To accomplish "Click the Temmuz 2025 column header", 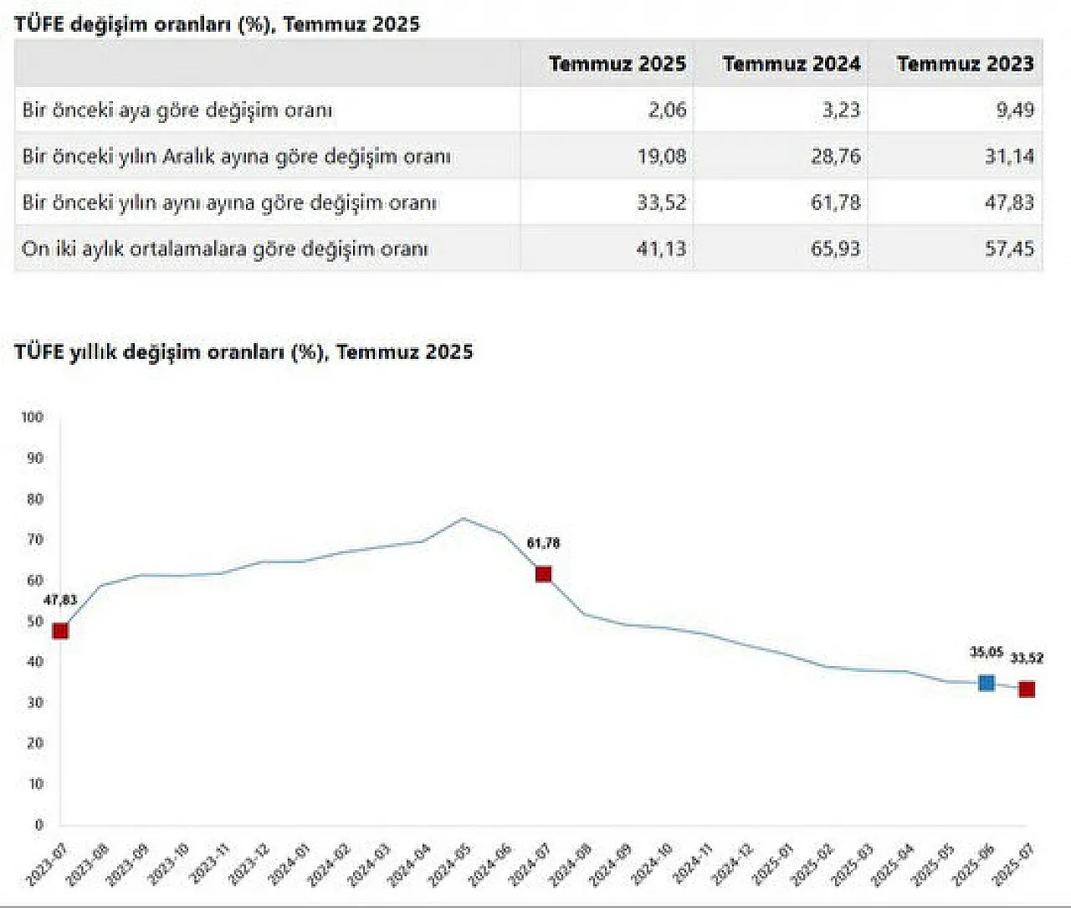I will point(617,64).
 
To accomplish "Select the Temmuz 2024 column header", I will point(791,64).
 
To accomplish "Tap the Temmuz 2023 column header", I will point(965,64).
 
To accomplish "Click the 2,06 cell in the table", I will point(667,110).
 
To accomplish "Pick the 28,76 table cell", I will point(835,156).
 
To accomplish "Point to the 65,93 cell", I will point(835,249).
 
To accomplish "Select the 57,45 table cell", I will point(1009,249).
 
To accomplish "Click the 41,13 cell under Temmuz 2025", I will point(661,249).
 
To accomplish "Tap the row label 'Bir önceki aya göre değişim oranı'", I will point(177,110).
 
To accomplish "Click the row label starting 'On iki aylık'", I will point(225,249).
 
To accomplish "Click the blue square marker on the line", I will point(986,683).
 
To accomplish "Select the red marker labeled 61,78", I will point(543,574).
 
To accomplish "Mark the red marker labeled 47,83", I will point(60,631).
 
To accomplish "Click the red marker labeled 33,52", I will point(1027,690).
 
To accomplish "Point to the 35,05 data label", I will point(986,653).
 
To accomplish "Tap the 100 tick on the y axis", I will point(33,418).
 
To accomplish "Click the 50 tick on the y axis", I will point(34,621).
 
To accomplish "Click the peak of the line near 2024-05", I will point(464,519).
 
